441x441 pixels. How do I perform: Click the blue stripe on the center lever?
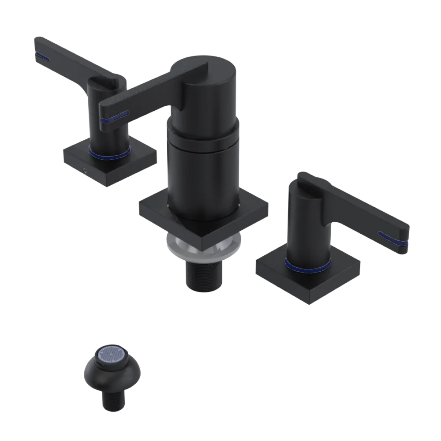pyautogui.click(x=114, y=117)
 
